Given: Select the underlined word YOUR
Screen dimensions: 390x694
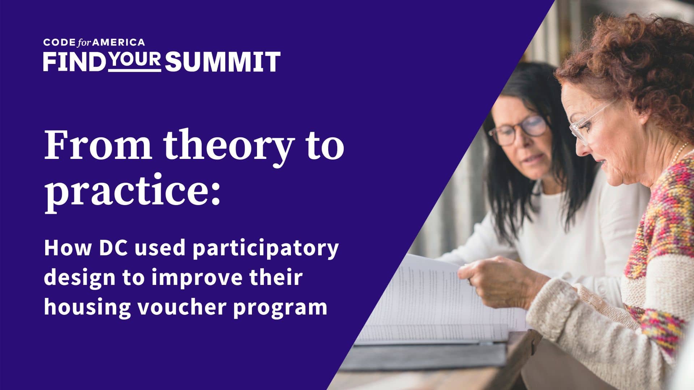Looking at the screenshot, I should click(134, 60).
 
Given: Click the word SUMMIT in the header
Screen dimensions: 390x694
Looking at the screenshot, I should click(223, 61).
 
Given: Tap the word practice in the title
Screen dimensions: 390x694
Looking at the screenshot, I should click(127, 191).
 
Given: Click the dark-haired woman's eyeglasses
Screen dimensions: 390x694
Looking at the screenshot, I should click(518, 131).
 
